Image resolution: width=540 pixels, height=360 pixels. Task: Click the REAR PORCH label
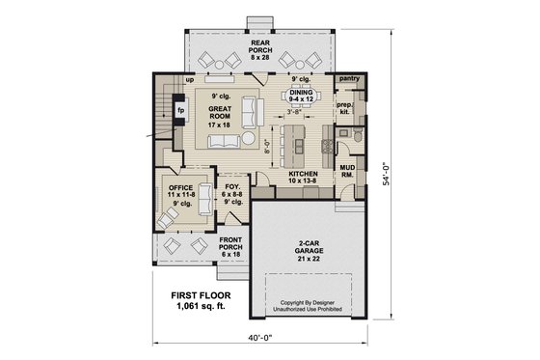[260, 49]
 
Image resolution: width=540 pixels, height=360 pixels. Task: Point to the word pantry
[349, 78]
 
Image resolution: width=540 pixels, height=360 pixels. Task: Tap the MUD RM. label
[348, 171]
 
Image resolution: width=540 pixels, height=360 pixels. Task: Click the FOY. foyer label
[231, 195]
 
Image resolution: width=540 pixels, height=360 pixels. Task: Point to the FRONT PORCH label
[231, 245]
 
